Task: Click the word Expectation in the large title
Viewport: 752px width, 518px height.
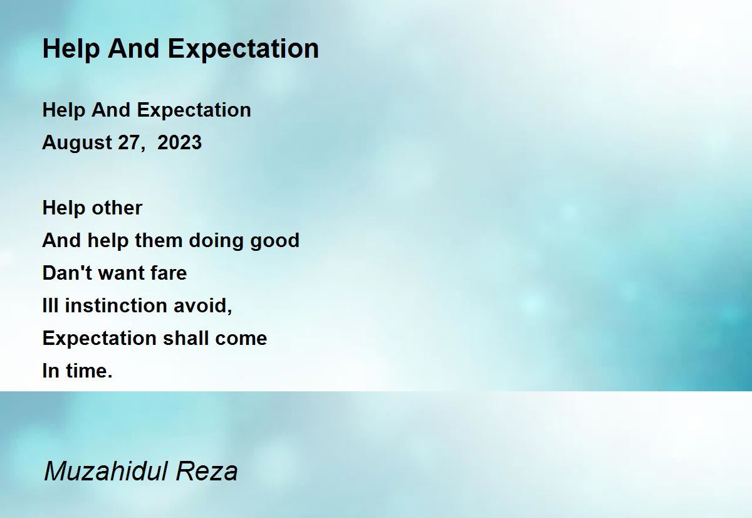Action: (x=243, y=50)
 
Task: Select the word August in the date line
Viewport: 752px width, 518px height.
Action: (x=77, y=143)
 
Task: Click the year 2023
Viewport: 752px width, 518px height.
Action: (x=180, y=142)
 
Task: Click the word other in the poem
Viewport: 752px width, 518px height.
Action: (x=117, y=208)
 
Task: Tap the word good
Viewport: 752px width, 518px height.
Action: (x=274, y=241)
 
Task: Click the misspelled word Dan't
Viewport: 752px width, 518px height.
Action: (x=67, y=272)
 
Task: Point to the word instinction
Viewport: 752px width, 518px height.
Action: (x=116, y=305)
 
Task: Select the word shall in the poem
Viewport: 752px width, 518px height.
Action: (x=186, y=337)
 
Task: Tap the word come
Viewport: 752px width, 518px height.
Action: (x=241, y=338)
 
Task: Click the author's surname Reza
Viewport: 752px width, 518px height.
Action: (x=207, y=471)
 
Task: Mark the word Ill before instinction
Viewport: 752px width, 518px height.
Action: (x=50, y=305)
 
